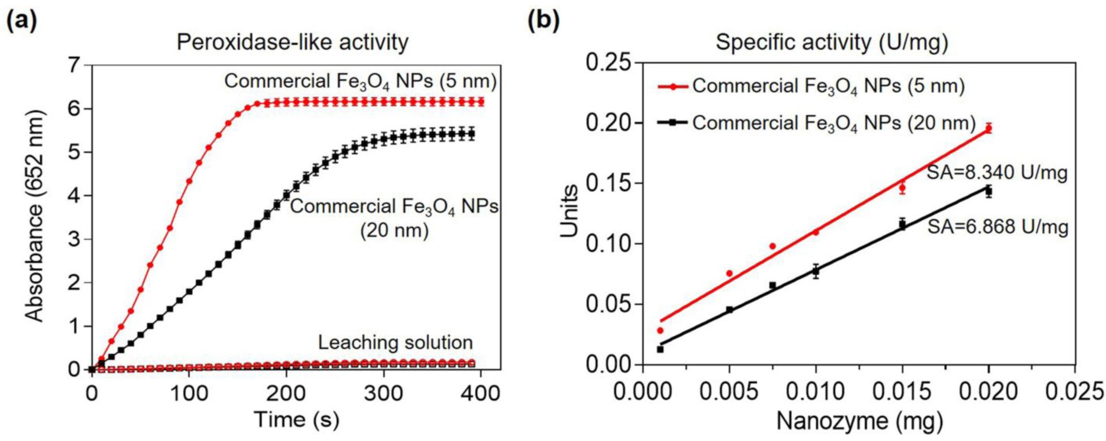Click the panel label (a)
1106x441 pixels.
coord(21,21)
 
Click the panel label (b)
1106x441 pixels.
coord(543,21)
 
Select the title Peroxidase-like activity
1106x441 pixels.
coord(292,42)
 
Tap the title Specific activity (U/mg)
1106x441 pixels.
coord(831,42)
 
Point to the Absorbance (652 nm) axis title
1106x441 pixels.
coord(35,216)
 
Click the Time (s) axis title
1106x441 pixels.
coord(296,419)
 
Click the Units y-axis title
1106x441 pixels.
coord(569,211)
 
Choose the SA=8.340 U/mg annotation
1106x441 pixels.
coord(996,173)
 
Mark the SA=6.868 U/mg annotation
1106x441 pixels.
coord(998,226)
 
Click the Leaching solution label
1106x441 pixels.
coord(395,342)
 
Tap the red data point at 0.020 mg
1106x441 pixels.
coord(988,128)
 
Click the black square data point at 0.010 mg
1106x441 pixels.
coord(816,271)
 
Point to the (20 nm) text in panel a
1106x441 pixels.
coord(394,230)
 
